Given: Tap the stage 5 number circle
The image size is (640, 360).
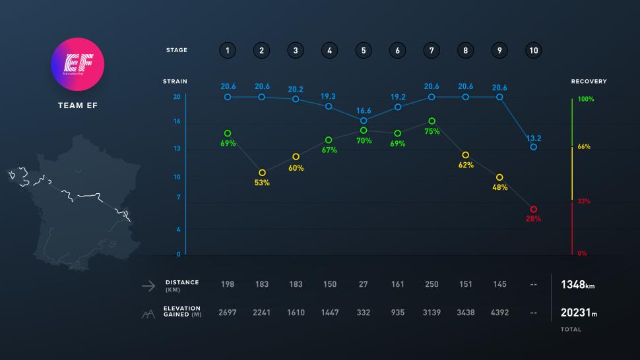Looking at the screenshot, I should pos(364,50).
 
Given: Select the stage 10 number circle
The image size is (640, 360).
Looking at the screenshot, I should pos(533,50).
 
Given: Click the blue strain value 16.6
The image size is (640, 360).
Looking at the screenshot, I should pos(364,111).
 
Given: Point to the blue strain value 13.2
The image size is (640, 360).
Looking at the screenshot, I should pos(533,138).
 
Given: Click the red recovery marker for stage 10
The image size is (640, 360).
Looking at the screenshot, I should pos(533,209).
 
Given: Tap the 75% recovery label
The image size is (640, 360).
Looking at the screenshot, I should pos(432,131).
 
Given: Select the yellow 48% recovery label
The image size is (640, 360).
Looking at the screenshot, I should pos(499,187).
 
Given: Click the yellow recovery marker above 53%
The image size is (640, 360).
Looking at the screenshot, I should pos(262,173).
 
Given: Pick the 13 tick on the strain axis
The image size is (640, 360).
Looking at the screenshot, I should pos(177,149).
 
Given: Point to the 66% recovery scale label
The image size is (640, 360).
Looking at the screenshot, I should pos(584,147).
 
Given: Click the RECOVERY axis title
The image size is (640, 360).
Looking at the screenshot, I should pos(589,82).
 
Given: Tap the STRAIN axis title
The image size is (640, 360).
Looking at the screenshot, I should pos(175,82).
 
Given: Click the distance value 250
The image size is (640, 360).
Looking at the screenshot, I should pos(432,284).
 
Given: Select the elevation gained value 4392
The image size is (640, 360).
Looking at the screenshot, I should pos(499,313).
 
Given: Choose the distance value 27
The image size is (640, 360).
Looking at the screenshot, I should pos(364,284).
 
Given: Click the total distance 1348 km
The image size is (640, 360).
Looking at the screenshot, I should pos(579,285).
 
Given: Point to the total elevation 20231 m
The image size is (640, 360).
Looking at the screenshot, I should pos(579,314).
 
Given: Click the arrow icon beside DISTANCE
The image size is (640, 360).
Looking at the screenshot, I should pos(148,285).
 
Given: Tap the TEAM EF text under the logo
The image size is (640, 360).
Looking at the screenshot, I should pos(78,104).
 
